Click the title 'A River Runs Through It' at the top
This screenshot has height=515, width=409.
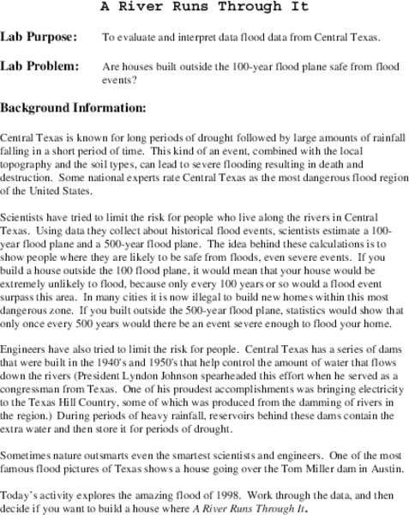click(x=203, y=7)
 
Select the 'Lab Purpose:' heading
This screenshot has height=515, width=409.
click(x=39, y=37)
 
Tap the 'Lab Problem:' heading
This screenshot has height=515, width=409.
click(x=39, y=66)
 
